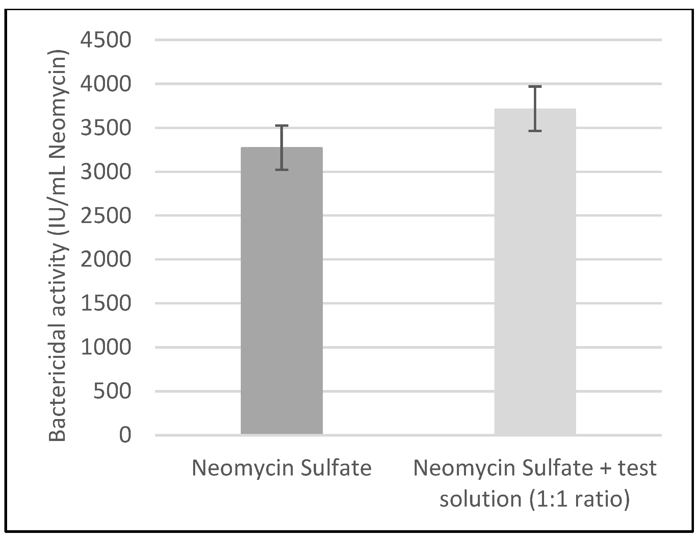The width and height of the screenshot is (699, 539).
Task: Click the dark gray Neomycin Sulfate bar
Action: tap(281, 291)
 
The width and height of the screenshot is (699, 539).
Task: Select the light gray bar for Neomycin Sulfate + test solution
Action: tap(535, 270)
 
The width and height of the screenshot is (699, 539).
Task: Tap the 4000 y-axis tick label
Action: tap(105, 84)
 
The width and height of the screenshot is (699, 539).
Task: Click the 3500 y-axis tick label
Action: tap(105, 128)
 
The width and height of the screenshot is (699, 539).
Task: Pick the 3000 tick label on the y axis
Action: tap(105, 172)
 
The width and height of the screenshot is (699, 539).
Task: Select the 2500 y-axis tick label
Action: tap(105, 216)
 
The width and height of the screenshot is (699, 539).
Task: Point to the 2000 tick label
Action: tap(105, 260)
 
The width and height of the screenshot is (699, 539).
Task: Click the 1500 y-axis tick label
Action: tap(105, 303)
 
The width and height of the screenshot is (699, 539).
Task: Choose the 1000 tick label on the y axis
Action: tap(105, 347)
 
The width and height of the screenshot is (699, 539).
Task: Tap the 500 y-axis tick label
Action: tap(112, 391)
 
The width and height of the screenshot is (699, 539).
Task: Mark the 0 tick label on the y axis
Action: tap(125, 435)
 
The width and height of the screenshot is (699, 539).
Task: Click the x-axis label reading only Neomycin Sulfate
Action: tap(281, 468)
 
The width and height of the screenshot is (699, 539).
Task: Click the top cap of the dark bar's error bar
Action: tap(281, 126)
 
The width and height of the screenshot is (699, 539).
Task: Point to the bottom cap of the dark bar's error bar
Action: tap(281, 170)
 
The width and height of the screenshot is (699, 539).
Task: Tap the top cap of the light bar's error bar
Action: tap(535, 87)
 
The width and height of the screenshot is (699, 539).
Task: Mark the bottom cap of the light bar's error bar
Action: tap(535, 131)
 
